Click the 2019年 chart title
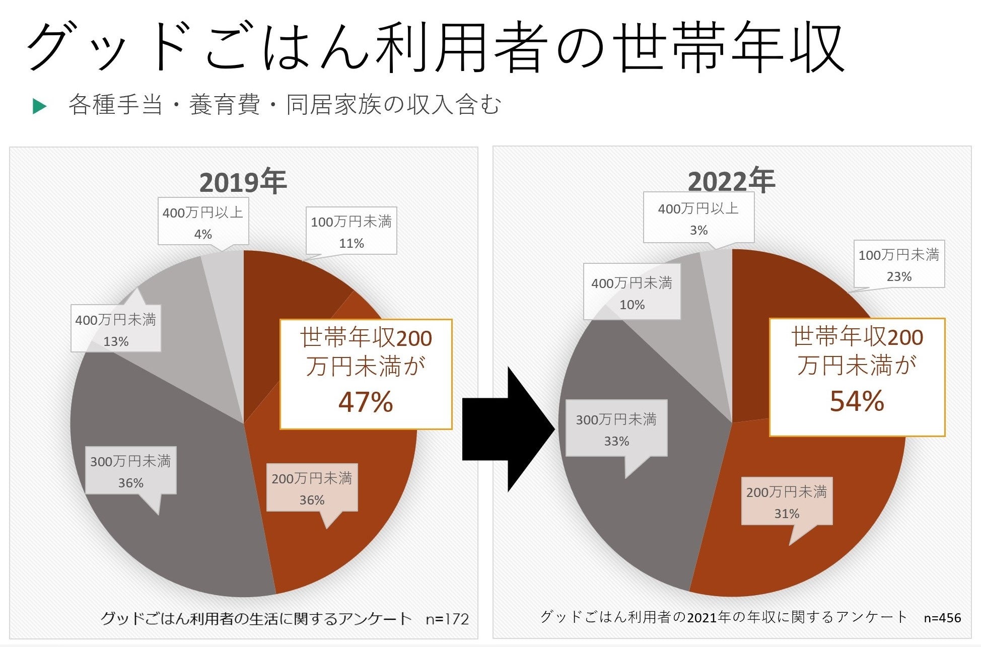pyautogui.click(x=243, y=182)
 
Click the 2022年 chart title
pyautogui.click(x=731, y=181)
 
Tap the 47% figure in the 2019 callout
pyautogui.click(x=366, y=402)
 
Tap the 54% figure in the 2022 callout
pyautogui.click(x=857, y=401)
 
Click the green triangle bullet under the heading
pyautogui.click(x=39, y=106)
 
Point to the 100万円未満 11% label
pyautogui.click(x=351, y=232)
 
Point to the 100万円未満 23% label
pyautogui.click(x=898, y=265)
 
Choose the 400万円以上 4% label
pyautogui.click(x=203, y=223)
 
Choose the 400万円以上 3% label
pyautogui.click(x=698, y=219)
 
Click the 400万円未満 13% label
pyautogui.click(x=116, y=329)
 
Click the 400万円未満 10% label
pyautogui.click(x=632, y=293)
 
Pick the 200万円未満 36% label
pyautogui.click(x=312, y=488)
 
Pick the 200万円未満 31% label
pyautogui.click(x=786, y=501)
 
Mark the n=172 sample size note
pyautogui.click(x=447, y=619)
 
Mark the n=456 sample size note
pyautogui.click(x=942, y=618)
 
